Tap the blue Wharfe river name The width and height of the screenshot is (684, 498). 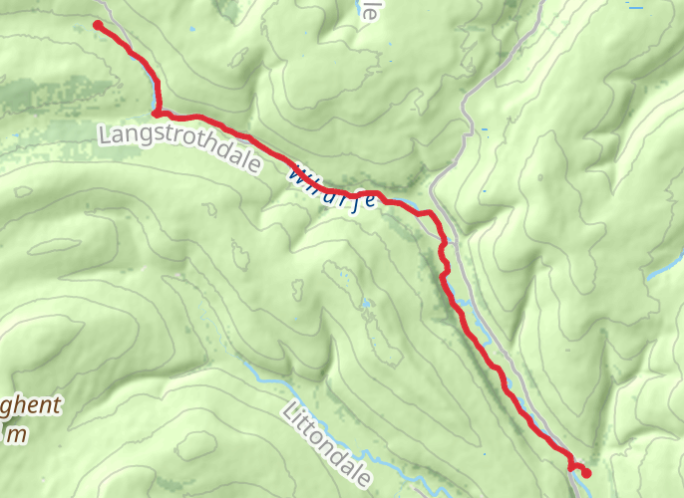pos(333,187)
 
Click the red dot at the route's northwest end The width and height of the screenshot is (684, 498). pos(98,25)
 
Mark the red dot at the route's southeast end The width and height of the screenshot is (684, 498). pos(586,473)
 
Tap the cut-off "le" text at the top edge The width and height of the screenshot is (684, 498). pos(371,10)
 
